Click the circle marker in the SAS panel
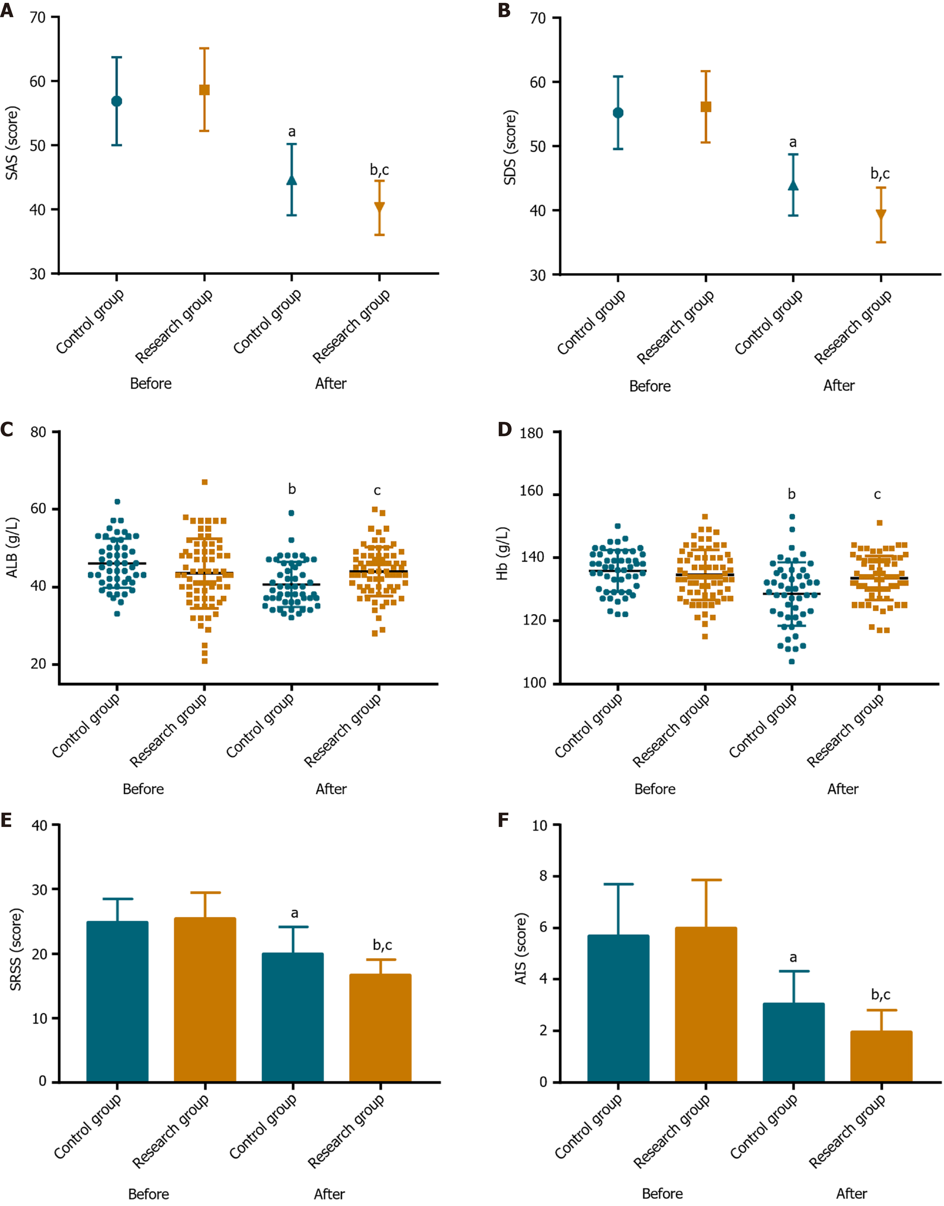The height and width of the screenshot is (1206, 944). point(117,101)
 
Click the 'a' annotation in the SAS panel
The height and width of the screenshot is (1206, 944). point(292,132)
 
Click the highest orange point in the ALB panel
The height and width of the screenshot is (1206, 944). point(205,482)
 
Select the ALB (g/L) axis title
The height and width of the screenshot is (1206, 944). point(12,547)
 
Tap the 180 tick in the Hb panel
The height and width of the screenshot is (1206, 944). point(531,433)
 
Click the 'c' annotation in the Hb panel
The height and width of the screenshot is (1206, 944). point(877,494)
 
